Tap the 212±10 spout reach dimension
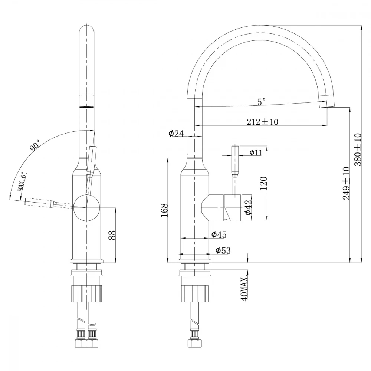[x=262, y=122]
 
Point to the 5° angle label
[x=262, y=101]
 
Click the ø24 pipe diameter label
[x=176, y=134]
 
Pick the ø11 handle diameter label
[x=256, y=152]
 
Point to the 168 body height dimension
[x=165, y=210]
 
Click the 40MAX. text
[x=244, y=288]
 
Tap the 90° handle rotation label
[x=36, y=146]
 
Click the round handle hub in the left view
[x=86, y=207]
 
